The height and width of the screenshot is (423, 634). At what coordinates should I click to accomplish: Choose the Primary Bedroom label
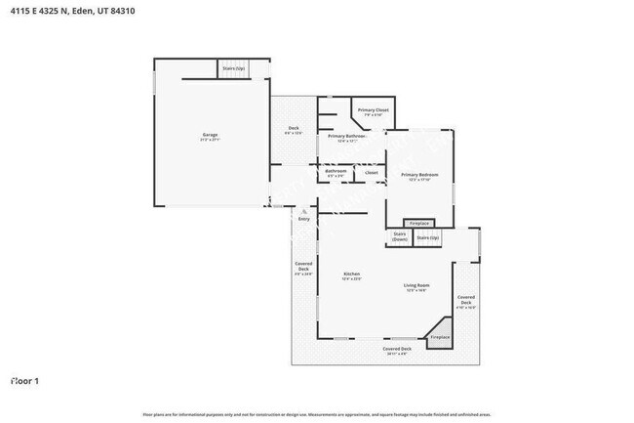[x=419, y=176]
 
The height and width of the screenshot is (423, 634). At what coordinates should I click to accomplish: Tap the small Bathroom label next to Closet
[x=336, y=174]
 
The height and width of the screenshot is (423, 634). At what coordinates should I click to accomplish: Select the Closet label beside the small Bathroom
[x=371, y=173]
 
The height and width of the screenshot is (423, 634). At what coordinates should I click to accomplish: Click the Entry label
[x=303, y=219]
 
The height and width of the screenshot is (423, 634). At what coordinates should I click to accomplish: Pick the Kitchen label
[x=351, y=275]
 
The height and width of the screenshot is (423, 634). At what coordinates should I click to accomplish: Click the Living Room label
[x=417, y=287]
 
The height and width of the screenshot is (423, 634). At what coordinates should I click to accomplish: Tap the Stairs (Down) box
[x=399, y=236]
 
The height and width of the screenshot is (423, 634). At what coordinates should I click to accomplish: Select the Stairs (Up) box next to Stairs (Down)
[x=427, y=237]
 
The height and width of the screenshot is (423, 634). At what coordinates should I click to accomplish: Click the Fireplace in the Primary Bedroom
[x=418, y=224]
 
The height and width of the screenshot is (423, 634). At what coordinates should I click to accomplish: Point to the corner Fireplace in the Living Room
[x=440, y=336]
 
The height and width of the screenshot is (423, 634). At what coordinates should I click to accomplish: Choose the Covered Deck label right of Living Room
[x=466, y=301]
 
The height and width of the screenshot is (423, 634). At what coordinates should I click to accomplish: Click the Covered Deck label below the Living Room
[x=397, y=351]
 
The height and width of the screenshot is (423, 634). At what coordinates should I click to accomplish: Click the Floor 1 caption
[x=24, y=380]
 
